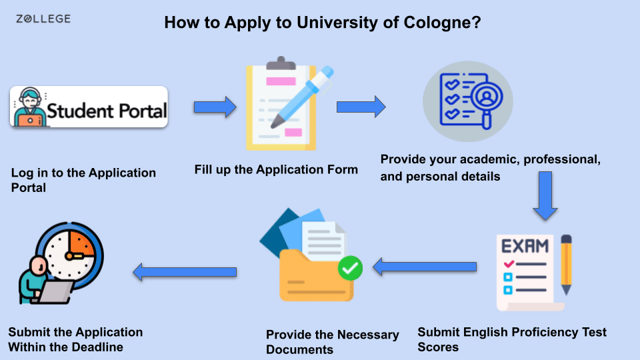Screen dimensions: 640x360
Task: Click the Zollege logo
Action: click(43, 19)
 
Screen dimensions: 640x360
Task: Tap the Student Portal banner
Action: click(89, 107)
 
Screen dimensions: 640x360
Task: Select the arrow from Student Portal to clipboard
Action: click(215, 107)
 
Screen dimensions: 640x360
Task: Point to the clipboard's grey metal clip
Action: click(281, 63)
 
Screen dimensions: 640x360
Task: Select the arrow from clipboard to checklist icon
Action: click(361, 107)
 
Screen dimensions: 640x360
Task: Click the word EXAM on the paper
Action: click(525, 246)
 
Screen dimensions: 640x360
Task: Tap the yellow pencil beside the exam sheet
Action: click(566, 265)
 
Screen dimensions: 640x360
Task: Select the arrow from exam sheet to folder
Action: click(425, 267)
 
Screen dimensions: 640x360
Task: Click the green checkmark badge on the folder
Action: click(350, 268)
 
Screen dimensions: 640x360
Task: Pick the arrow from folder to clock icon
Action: click(185, 272)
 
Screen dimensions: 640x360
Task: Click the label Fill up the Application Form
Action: click(276, 169)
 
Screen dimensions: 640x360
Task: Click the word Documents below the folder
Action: click(299, 350)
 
